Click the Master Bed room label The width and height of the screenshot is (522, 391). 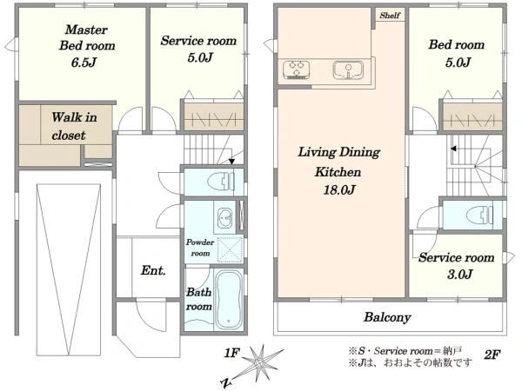coord(87,37)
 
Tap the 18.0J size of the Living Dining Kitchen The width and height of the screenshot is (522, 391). coord(339,189)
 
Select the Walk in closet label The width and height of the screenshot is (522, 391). coord(74,126)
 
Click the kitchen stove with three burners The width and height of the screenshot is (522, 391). coord(297,70)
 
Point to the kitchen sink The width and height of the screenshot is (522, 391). coord(348,70)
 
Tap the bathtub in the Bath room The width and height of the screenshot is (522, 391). coord(228,299)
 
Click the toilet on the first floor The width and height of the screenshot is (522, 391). coord(220,182)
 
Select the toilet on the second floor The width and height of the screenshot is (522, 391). coord(479,215)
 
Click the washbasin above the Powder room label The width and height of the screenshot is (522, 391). coord(224,218)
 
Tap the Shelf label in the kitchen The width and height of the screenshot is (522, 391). coord(390,16)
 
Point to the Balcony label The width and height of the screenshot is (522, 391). coord(387,317)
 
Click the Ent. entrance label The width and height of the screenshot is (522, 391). coord(153,270)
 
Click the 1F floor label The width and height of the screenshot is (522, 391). coord(231,353)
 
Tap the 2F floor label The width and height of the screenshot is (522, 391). coord(492,355)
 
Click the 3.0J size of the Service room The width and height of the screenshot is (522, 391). coord(459,275)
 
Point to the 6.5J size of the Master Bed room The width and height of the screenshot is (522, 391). coord(84,63)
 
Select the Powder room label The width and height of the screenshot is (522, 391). coord(200,248)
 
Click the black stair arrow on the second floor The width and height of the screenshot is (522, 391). coord(454,149)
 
